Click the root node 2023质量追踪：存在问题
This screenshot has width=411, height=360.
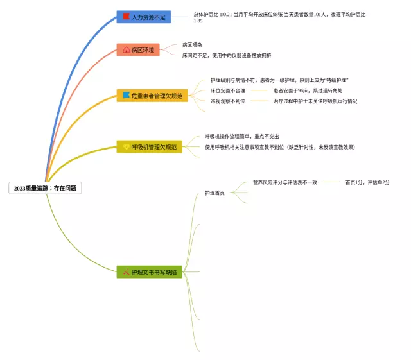[x=45, y=189]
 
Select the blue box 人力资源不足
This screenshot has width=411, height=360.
[x=144, y=17]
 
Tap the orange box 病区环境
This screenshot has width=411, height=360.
[x=138, y=50]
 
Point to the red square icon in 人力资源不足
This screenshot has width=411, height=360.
[x=126, y=16]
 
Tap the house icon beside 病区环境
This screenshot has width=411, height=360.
[x=126, y=50]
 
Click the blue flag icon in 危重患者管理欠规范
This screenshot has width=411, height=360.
[x=126, y=95]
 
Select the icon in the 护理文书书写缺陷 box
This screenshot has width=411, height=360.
[x=126, y=272]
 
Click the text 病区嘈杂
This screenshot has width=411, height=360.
[x=192, y=45]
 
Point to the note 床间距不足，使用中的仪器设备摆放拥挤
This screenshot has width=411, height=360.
[x=226, y=55]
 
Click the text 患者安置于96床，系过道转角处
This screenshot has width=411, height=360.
[x=308, y=90]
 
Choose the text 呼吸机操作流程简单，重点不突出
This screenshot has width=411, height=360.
[x=242, y=137]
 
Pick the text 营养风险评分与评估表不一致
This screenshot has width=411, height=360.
[x=284, y=182]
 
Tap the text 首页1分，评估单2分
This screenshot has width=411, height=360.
[x=367, y=182]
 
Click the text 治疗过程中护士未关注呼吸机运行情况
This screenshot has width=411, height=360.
[x=315, y=101]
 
